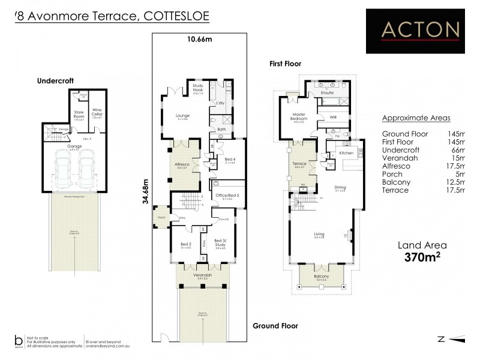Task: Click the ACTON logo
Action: point(420,29)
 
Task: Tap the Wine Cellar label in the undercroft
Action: point(97,111)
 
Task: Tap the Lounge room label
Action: point(182,115)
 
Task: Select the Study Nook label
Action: point(198,88)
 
